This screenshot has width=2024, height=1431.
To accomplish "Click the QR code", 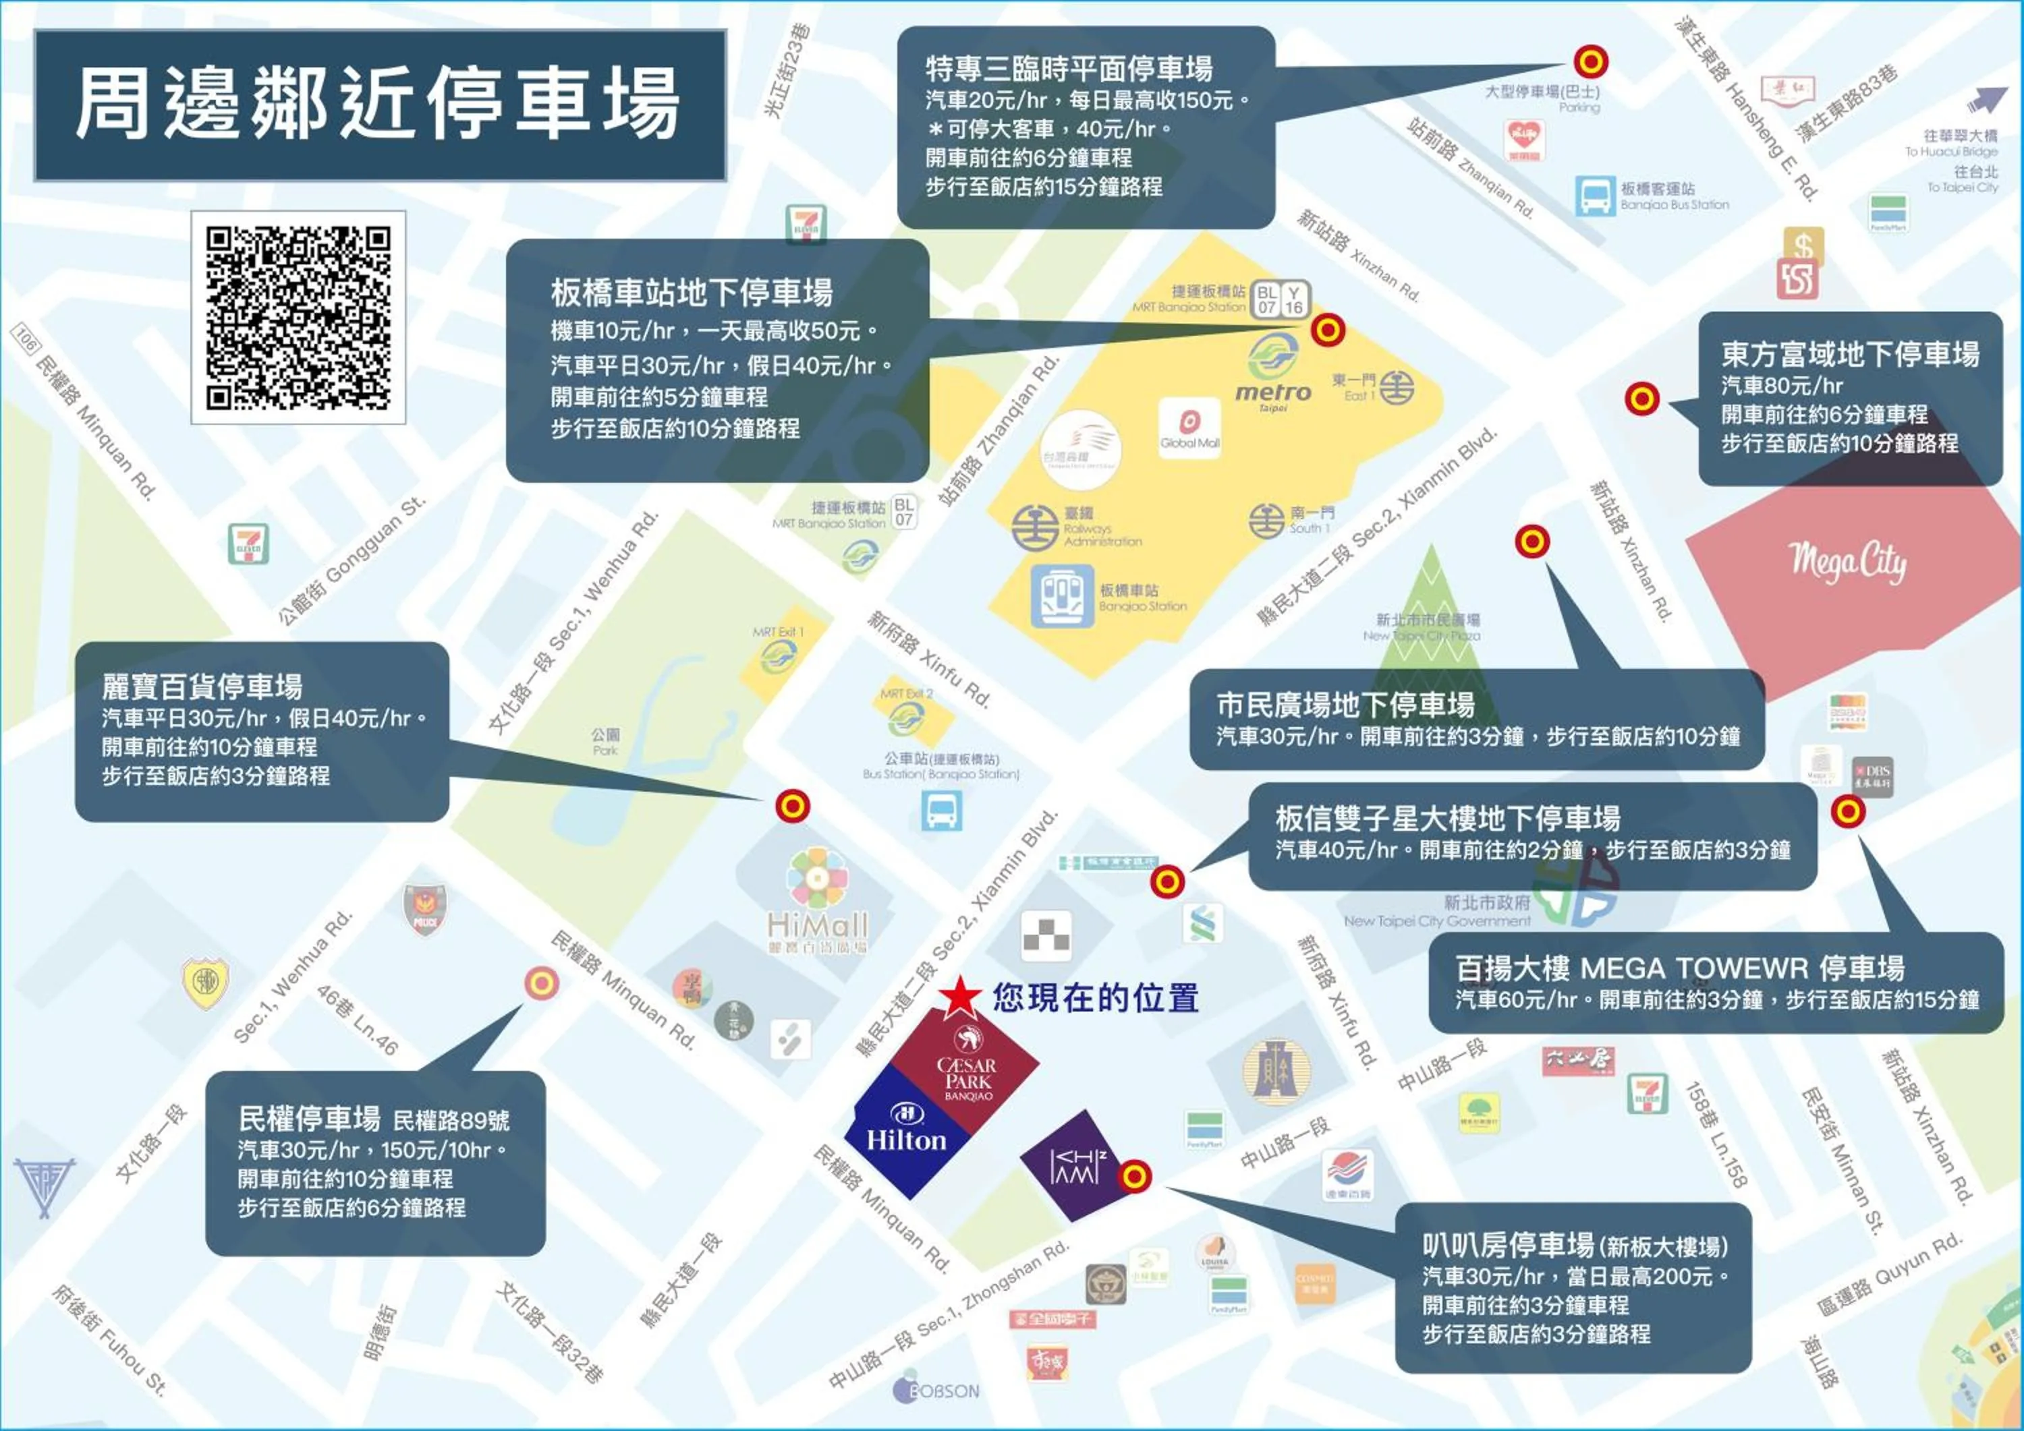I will click(x=298, y=317).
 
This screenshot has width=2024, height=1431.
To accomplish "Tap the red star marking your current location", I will click(x=959, y=997).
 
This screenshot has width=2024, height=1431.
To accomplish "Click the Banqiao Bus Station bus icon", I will click(x=1595, y=196).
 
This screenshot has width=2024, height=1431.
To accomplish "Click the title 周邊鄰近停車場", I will click(x=379, y=104).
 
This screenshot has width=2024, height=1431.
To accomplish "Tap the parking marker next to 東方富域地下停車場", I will click(x=1641, y=399).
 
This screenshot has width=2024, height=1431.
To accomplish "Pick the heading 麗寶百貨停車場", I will click(x=202, y=687).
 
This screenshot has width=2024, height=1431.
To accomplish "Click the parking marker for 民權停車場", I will click(x=541, y=983).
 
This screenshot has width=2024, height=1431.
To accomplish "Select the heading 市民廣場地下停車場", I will click(x=1345, y=705).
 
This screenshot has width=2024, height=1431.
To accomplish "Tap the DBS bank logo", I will click(x=1872, y=776).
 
